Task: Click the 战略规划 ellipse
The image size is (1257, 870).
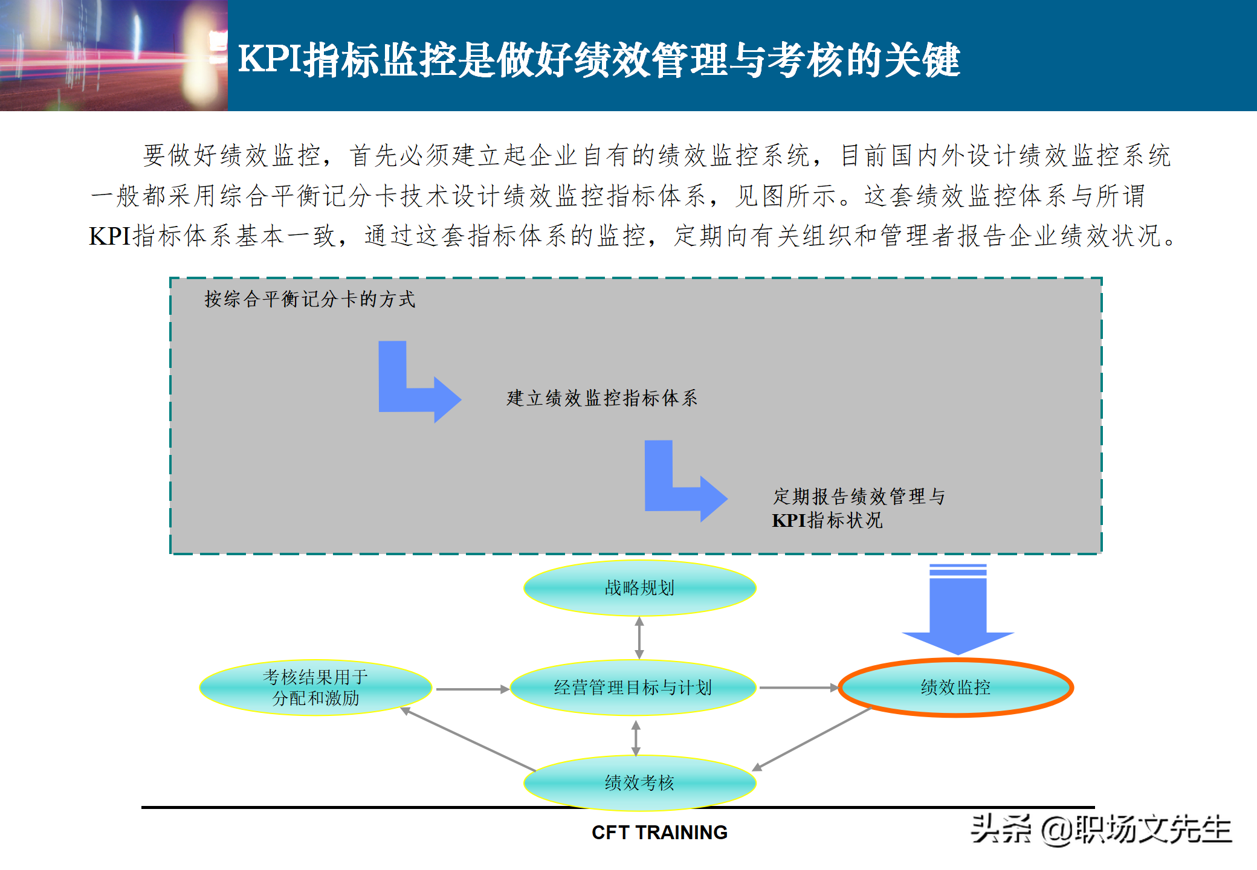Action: (639, 588)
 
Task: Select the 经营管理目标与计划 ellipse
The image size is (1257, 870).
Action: (633, 688)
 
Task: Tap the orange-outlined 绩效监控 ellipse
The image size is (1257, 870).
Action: (955, 688)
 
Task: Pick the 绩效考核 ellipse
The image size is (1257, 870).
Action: (639, 783)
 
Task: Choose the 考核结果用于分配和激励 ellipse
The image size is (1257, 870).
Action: (315, 688)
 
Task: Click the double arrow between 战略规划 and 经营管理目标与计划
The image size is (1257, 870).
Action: (639, 638)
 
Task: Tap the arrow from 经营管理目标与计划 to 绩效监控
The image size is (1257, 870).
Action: (798, 688)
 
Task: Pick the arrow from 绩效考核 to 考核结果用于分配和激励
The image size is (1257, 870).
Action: (468, 739)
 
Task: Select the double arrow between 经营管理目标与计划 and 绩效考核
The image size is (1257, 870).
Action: (636, 738)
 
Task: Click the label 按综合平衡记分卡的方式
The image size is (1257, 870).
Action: (309, 299)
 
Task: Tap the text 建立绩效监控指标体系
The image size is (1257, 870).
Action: (602, 398)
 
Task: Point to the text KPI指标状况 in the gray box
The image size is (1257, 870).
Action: (827, 520)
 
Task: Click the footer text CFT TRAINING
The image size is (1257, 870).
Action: (659, 833)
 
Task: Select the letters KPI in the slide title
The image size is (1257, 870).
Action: (270, 60)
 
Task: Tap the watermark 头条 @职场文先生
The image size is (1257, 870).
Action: (1100, 830)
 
